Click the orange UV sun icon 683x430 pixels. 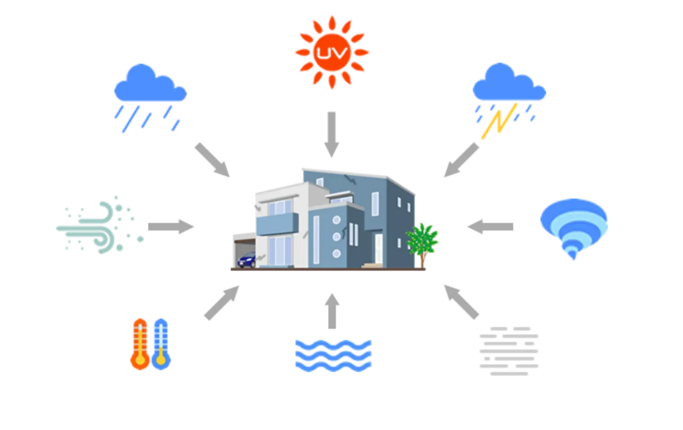tap(332, 52)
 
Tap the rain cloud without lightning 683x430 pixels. tap(150, 98)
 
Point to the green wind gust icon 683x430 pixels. tap(100, 225)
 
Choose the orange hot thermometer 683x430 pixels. tap(140, 344)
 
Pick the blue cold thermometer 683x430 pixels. tap(161, 344)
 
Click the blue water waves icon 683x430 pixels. tap(333, 356)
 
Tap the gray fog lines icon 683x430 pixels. tap(509, 351)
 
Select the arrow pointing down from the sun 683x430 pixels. tap(332, 134)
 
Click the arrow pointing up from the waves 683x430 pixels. tap(332, 311)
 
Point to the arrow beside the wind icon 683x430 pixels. tap(171, 227)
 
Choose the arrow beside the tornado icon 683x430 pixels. tap(490, 227)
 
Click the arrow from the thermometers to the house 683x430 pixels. tap(221, 303)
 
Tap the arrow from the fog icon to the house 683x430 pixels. tap(461, 302)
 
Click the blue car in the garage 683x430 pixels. tap(247, 260)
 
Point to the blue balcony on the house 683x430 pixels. tap(277, 224)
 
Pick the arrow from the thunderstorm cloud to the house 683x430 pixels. tap(461, 160)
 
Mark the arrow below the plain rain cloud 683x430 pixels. tap(212, 160)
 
